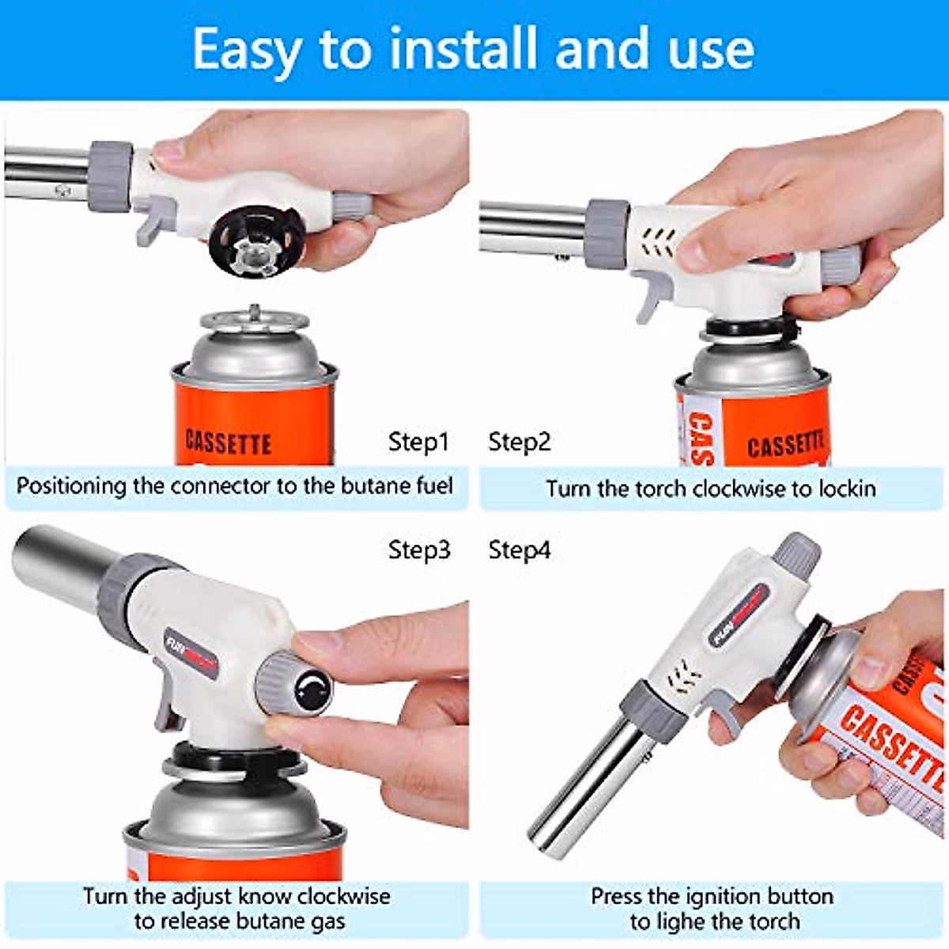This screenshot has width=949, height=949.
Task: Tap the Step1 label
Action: click(418, 441)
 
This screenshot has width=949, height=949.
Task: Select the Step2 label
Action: click(519, 441)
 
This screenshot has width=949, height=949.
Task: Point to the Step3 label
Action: click(418, 549)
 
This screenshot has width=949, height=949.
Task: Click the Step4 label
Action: click(519, 550)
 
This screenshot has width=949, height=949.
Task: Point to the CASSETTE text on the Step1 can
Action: click(229, 442)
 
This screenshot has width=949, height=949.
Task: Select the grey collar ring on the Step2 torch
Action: click(607, 233)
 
